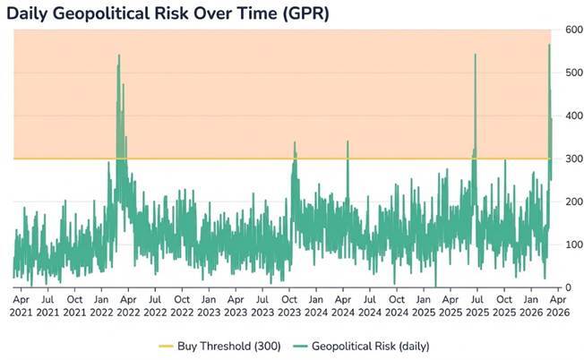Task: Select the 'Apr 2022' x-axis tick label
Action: [x=127, y=304]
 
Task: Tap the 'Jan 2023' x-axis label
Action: [x=209, y=304]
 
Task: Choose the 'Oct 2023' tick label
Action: [x=289, y=304]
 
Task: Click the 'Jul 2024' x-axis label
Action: [x=370, y=304]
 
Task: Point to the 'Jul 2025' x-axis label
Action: [x=478, y=304]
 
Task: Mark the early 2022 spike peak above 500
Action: [x=118, y=56]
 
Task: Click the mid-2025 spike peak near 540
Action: [x=475, y=55]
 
